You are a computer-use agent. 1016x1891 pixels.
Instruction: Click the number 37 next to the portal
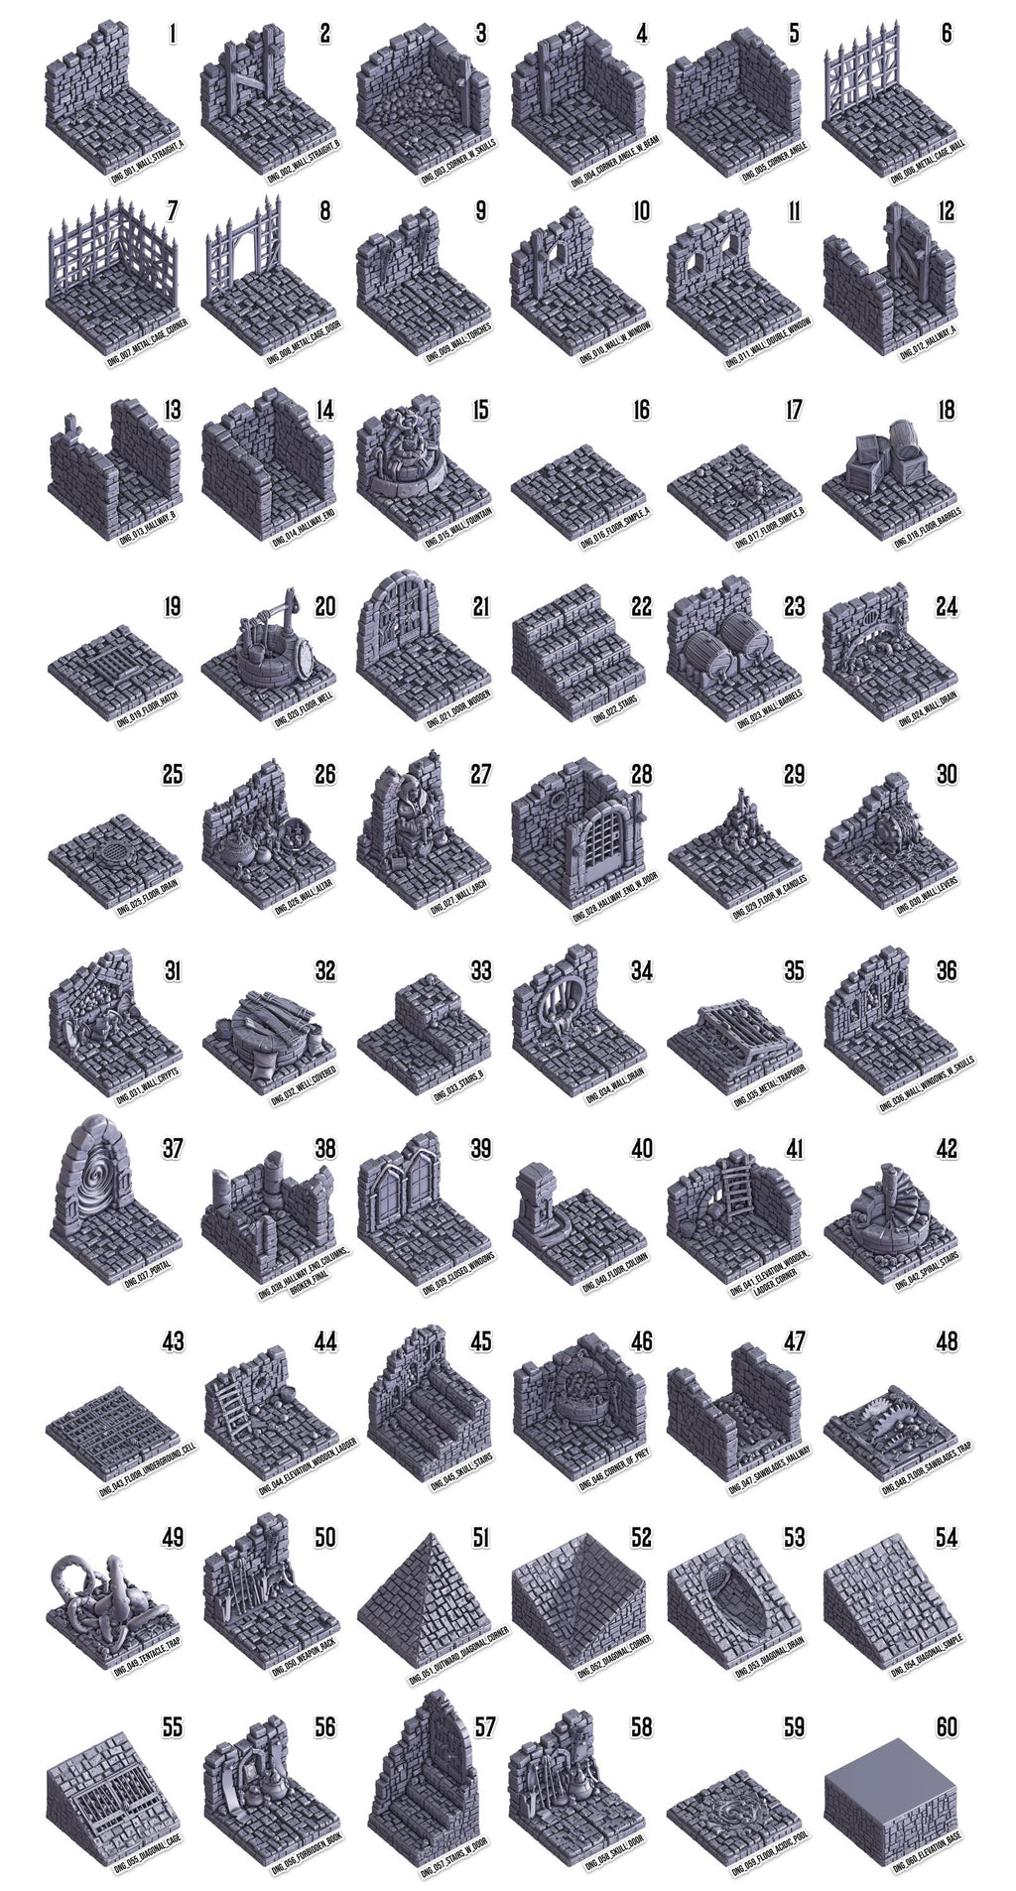[x=173, y=1148]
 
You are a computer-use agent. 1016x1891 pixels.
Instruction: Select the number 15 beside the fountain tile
[x=480, y=410]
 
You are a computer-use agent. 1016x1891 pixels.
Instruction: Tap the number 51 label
[x=480, y=1537]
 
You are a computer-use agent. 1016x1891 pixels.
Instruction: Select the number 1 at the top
[x=173, y=34]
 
